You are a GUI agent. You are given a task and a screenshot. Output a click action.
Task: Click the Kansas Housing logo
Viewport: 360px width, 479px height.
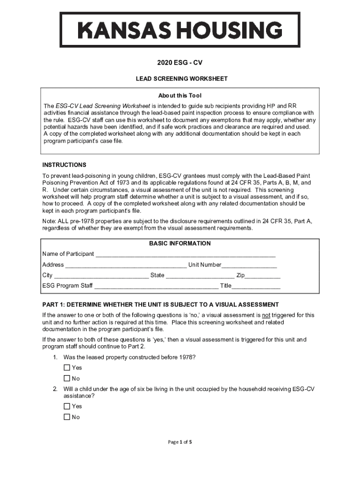[x=180, y=30]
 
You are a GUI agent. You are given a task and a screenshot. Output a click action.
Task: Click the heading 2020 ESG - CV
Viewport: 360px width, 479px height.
[x=180, y=62]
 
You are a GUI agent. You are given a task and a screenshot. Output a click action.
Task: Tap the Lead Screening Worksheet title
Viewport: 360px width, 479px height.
[x=180, y=79]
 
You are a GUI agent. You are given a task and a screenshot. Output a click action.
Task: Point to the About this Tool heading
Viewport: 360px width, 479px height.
[x=180, y=96]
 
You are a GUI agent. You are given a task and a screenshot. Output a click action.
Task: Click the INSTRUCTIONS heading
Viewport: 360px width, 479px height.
[x=65, y=165]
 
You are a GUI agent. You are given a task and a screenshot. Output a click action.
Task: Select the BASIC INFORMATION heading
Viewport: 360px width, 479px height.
[x=180, y=244]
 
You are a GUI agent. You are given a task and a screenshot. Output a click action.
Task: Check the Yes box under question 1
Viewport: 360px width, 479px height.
[x=67, y=368]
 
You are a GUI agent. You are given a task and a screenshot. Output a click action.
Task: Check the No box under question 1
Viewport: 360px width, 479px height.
[x=67, y=378]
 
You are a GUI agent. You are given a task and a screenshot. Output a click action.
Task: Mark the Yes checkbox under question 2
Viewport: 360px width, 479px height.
[x=67, y=406]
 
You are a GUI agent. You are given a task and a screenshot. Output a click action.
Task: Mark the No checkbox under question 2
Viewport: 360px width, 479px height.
[x=67, y=417]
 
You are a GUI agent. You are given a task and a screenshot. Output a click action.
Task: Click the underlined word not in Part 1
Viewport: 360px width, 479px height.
[x=266, y=315]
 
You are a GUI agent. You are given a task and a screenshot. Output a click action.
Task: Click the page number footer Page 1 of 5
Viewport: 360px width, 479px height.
[x=180, y=442]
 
